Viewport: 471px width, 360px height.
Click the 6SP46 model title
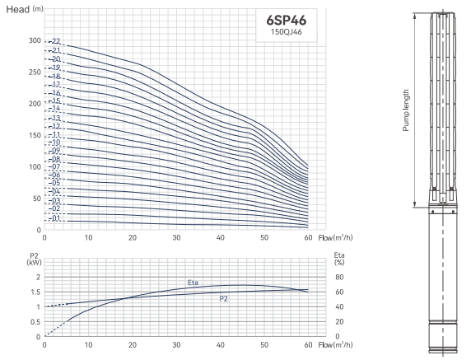point(287,21)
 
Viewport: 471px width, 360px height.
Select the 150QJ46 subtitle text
point(287,32)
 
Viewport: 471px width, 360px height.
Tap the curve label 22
point(56,41)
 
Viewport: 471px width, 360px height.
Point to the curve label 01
point(56,218)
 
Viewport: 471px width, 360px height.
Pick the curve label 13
point(56,118)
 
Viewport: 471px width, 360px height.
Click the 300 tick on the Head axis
point(35,40)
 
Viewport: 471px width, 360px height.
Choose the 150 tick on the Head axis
point(35,135)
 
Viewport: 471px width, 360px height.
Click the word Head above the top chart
point(18,10)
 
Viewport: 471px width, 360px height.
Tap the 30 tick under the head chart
point(176,237)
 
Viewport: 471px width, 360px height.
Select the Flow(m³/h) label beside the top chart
point(335,238)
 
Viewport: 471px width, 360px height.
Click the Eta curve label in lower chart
point(193,283)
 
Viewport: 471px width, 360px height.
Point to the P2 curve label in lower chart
point(223,299)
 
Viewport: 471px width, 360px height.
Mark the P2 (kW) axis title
point(35,259)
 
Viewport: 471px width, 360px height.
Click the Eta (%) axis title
point(339,259)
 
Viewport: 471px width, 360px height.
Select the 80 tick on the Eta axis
point(339,277)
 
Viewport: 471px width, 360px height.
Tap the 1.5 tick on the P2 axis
point(35,292)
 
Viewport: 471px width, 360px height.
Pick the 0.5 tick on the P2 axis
point(35,322)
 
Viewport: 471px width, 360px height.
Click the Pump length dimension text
point(406,110)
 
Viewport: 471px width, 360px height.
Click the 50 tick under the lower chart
point(264,344)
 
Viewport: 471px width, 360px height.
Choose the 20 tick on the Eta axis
point(339,322)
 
